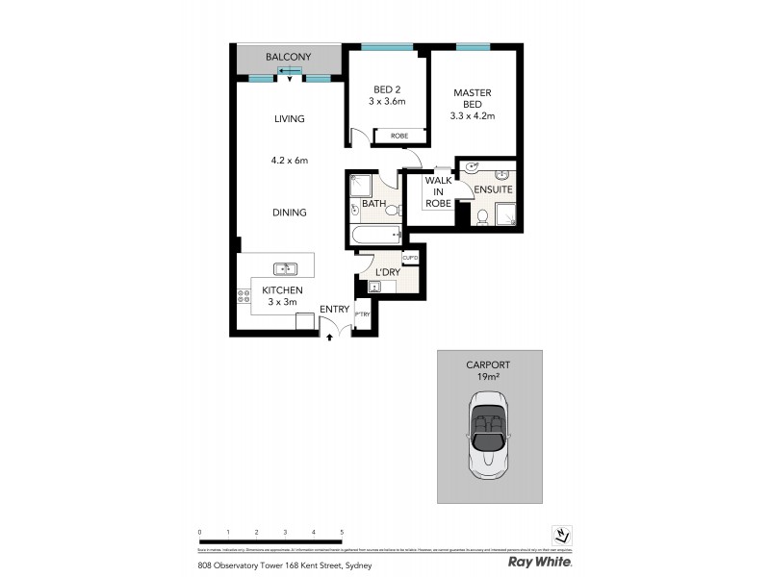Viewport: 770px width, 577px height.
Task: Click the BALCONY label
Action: click(289, 58)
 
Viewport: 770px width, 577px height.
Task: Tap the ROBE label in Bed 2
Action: click(398, 137)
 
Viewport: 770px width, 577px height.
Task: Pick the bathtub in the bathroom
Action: click(375, 235)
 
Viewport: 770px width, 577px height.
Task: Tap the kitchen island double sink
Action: click(286, 269)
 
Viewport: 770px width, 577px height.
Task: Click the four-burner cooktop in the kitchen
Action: click(244, 296)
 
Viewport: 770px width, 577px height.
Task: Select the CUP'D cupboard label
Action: click(409, 258)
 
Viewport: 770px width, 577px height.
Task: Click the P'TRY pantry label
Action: click(363, 314)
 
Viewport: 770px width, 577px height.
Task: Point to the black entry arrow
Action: click(330, 338)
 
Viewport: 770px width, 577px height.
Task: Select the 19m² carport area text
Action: click(489, 378)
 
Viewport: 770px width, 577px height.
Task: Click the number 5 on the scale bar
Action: click(342, 532)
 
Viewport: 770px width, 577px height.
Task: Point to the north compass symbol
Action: click(561, 536)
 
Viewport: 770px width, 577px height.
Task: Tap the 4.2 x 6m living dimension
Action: click(289, 161)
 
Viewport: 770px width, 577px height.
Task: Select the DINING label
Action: click(289, 213)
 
